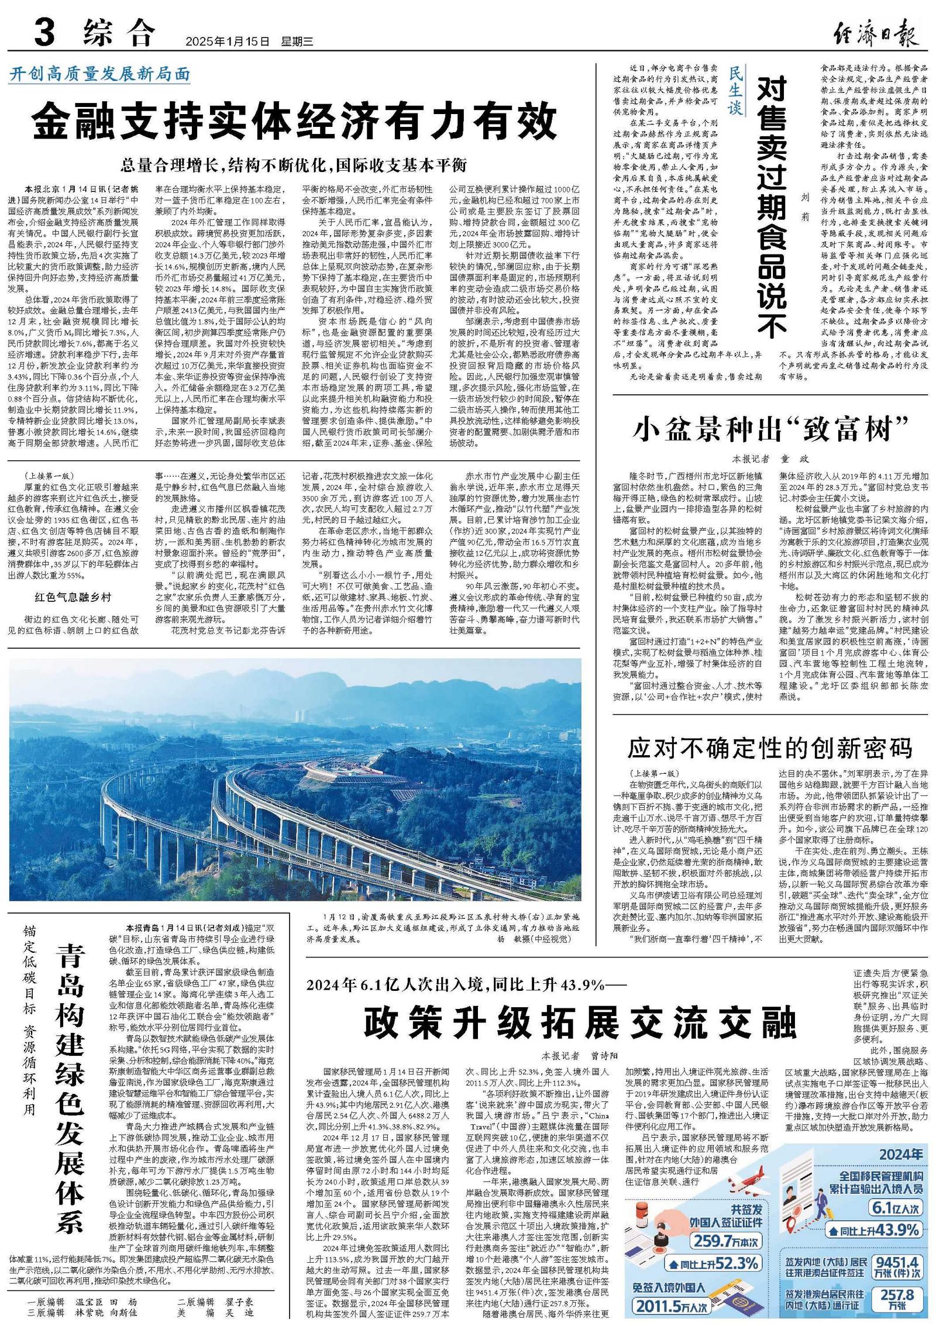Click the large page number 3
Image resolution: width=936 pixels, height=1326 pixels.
(x=46, y=32)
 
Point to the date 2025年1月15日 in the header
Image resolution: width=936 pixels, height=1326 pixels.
(x=228, y=42)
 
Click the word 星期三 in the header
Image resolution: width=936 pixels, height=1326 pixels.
(x=297, y=42)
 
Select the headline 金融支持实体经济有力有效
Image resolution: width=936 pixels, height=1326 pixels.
(x=294, y=122)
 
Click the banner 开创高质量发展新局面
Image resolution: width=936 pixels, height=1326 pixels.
(x=100, y=75)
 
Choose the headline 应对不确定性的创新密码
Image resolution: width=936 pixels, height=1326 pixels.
(x=770, y=748)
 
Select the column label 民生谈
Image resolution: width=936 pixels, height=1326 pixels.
(x=735, y=91)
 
